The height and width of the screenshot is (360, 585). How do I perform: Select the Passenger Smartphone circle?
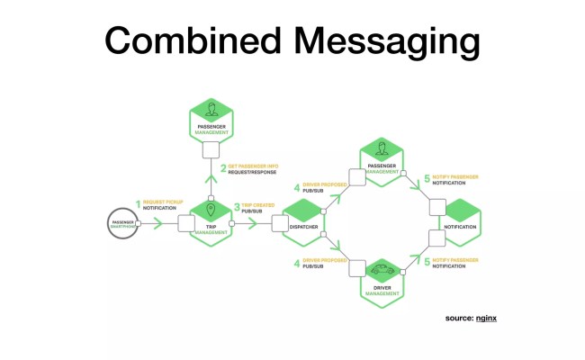coord(125,223)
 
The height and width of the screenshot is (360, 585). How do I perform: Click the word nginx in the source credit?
coord(488,319)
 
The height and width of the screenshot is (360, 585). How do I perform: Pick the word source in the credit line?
coord(459,319)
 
